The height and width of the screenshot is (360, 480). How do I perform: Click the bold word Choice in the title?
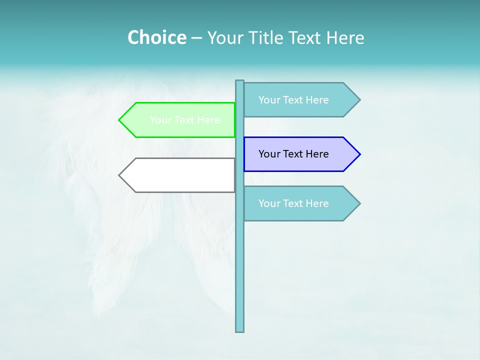click(x=156, y=37)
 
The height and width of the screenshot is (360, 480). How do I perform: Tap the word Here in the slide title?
click(x=345, y=37)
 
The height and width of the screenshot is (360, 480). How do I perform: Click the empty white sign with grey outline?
click(x=180, y=175)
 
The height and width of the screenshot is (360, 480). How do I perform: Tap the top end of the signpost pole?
click(x=240, y=82)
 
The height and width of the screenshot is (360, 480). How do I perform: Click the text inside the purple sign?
click(x=293, y=154)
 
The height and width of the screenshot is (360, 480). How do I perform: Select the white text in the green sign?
click(x=185, y=120)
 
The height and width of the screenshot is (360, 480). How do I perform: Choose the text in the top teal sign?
click(x=293, y=99)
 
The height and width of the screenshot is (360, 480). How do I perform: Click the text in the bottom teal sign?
click(x=293, y=203)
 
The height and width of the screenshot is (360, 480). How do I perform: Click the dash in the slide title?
click(x=196, y=38)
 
